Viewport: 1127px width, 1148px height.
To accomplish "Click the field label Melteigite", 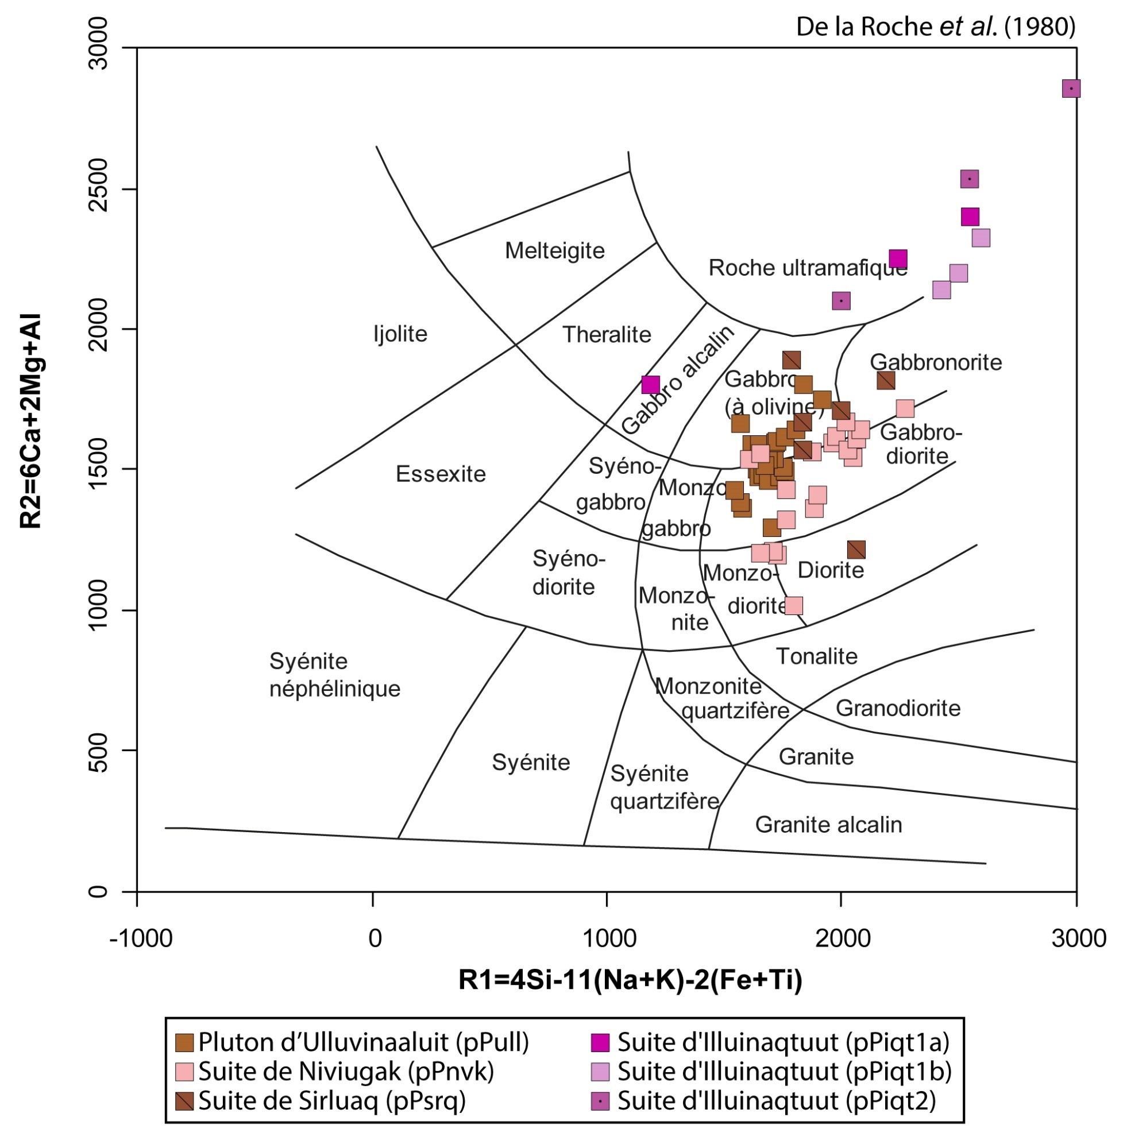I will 555,251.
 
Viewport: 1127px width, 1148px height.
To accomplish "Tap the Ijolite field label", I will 400,334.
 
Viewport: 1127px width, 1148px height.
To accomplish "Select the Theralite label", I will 606,335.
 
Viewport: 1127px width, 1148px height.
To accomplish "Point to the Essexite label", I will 441,474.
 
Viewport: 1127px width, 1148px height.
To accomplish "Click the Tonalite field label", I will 816,657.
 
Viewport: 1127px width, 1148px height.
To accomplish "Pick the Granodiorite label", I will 897,708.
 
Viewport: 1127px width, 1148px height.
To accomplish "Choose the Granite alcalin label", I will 828,825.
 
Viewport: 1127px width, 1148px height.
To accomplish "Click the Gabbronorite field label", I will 935,363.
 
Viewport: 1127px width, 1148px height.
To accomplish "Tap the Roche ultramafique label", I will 808,268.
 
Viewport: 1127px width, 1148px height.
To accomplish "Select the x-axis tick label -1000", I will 141,939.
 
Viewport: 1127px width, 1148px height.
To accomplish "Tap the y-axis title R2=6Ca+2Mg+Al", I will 31,421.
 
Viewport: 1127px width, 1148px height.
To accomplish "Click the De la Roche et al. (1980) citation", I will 935,27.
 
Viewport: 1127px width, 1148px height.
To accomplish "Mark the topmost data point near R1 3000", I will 1071,89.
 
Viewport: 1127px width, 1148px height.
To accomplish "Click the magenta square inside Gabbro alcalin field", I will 650,385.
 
